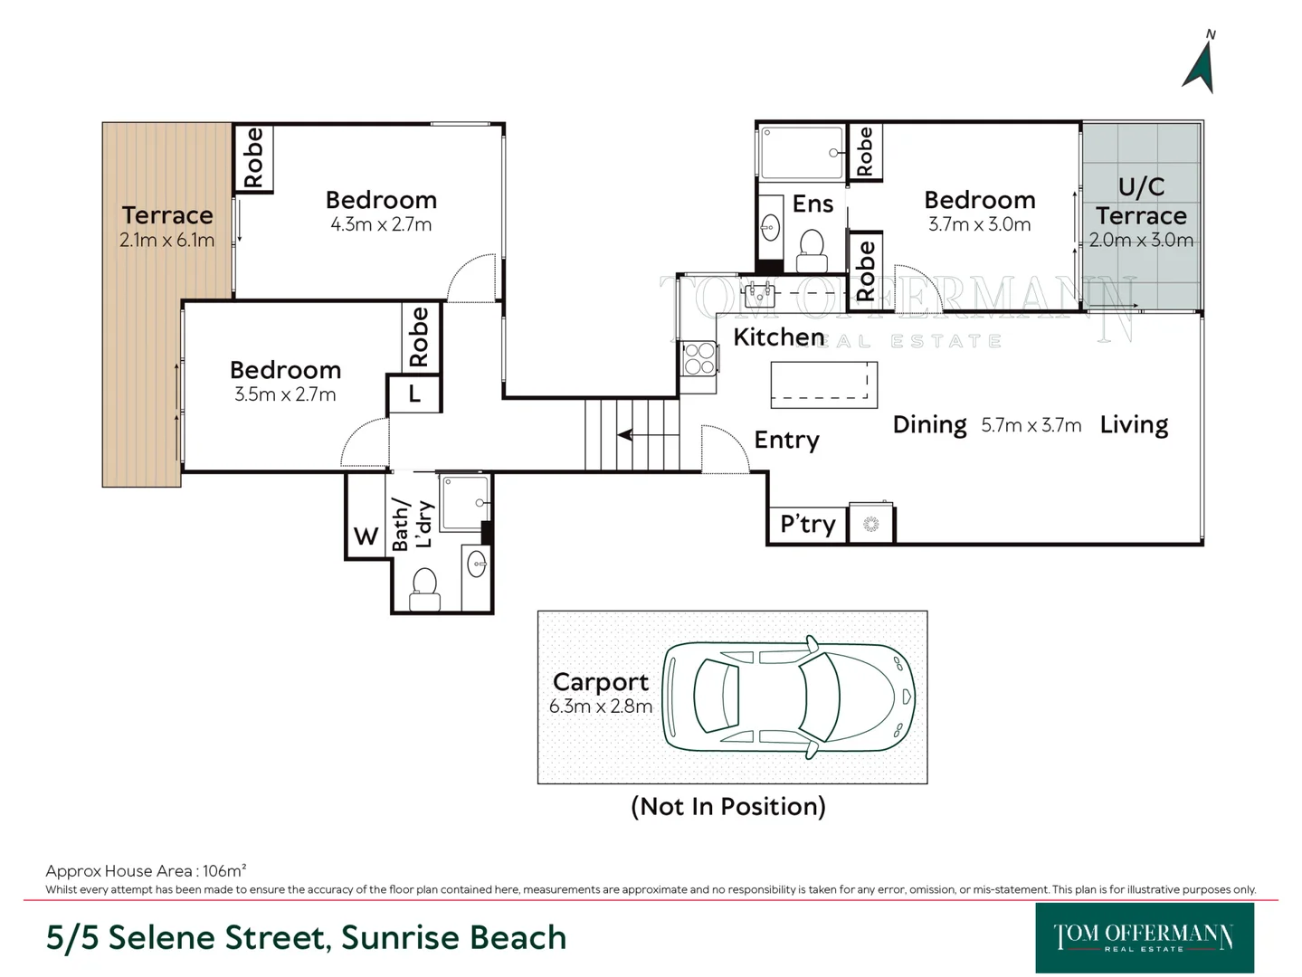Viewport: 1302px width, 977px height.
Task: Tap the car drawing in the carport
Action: click(788, 697)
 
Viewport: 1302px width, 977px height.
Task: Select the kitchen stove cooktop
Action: click(699, 358)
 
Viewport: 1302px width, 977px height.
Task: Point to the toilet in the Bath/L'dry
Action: click(424, 589)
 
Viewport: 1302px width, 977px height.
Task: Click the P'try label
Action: click(808, 525)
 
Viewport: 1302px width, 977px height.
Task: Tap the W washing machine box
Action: click(366, 536)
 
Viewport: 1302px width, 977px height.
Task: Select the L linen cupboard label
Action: click(414, 393)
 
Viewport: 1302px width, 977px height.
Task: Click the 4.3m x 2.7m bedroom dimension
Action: click(381, 224)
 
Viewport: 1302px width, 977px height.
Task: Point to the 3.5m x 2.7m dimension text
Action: click(285, 394)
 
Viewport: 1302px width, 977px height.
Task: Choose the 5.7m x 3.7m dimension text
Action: click(1031, 426)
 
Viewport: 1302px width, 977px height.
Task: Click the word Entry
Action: click(786, 441)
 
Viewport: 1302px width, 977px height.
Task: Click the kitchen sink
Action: click(760, 292)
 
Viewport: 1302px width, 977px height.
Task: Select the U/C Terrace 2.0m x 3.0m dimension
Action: click(1141, 240)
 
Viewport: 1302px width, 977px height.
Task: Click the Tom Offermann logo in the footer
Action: click(1145, 937)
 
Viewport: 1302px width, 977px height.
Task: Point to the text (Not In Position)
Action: click(728, 807)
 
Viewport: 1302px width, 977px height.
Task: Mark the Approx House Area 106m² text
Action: click(146, 871)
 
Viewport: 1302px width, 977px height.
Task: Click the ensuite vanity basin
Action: click(770, 228)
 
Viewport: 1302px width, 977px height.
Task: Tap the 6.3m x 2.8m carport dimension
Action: click(600, 707)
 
